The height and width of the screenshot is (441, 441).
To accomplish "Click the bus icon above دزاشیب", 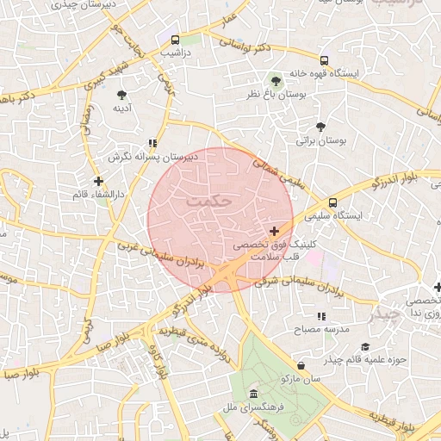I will pos(175,40).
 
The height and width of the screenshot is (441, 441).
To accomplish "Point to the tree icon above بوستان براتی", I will pos(321,127).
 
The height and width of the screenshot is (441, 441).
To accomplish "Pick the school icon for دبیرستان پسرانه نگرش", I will pos(152,144).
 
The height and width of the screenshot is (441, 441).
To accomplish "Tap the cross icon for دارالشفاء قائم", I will pos(98,181).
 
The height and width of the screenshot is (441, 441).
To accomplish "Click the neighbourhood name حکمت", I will pos(208,201).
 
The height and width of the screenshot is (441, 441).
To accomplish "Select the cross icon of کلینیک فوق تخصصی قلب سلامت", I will pos(274,231).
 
